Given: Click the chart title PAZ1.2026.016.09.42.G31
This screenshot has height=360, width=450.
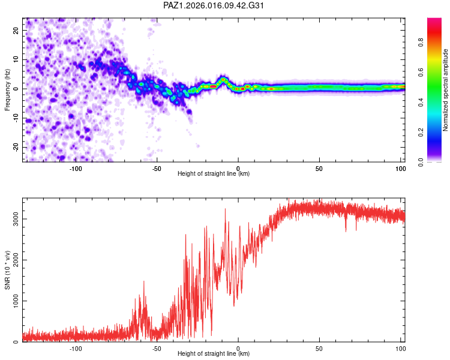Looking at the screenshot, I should point(214,5).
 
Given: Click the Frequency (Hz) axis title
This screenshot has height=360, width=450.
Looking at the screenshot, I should point(8,89).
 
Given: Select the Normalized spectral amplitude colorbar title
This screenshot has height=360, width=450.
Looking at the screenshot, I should point(446,90).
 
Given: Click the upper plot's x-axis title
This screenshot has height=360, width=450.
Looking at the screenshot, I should point(214,173).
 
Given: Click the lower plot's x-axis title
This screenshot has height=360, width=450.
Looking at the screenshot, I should point(214,353).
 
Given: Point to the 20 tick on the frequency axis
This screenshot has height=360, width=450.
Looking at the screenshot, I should point(16,30).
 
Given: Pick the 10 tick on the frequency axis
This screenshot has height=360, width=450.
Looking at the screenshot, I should point(16,59).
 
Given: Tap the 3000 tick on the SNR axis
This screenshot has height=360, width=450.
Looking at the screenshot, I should point(13,219).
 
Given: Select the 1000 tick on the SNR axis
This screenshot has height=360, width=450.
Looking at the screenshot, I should point(13,301).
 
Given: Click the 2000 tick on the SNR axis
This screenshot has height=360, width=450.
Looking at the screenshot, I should point(13,260).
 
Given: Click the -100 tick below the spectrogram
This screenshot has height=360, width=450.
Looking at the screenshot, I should point(76,167).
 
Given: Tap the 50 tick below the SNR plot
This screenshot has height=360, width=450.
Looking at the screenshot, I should point(319,347).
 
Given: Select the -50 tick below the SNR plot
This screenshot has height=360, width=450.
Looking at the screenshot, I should point(157,347).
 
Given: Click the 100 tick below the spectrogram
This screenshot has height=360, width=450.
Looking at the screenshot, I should point(400,167).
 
